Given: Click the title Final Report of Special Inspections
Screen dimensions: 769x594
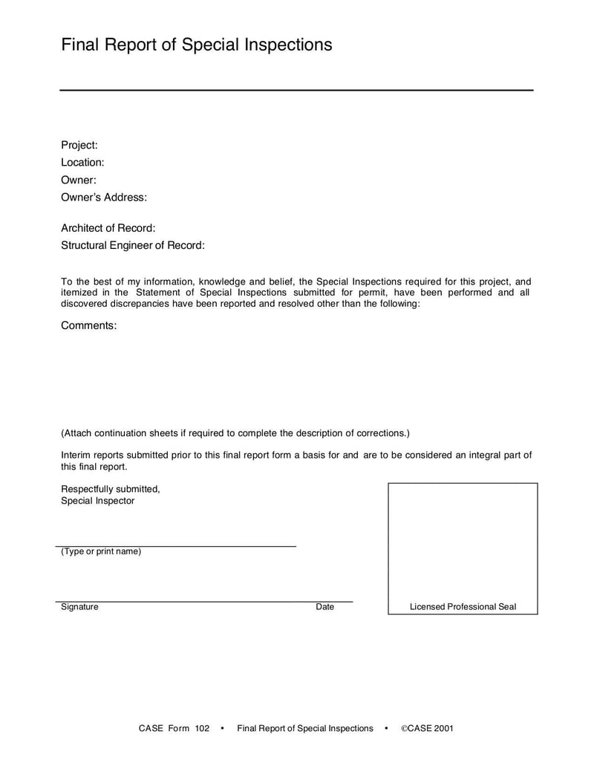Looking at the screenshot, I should point(196,45).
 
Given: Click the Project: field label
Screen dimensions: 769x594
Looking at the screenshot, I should point(79,145).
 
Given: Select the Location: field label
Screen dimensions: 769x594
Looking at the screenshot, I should point(82,162).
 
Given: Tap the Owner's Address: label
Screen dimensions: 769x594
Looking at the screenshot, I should point(104,198).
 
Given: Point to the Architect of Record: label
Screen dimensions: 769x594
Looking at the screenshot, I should point(108,228).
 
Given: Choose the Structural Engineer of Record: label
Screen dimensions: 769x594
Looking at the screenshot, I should point(133,245).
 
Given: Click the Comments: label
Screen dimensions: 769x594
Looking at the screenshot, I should point(89,325).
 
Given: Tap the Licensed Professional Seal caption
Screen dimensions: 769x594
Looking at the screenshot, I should point(463,607).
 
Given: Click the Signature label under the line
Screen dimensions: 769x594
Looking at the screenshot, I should point(79,607).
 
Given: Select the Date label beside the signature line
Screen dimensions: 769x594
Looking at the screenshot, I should point(324,607).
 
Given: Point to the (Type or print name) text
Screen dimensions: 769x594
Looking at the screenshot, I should point(101,551).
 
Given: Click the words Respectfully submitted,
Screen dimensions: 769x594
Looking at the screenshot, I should point(111,489).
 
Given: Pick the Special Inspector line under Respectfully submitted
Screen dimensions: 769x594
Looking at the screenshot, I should point(98,501).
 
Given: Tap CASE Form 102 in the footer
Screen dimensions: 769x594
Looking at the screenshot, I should point(174,728).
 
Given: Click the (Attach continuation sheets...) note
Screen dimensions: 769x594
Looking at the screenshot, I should point(235,433).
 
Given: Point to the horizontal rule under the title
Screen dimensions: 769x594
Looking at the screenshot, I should point(296,90).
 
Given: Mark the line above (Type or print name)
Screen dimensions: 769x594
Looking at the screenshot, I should point(177,546).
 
